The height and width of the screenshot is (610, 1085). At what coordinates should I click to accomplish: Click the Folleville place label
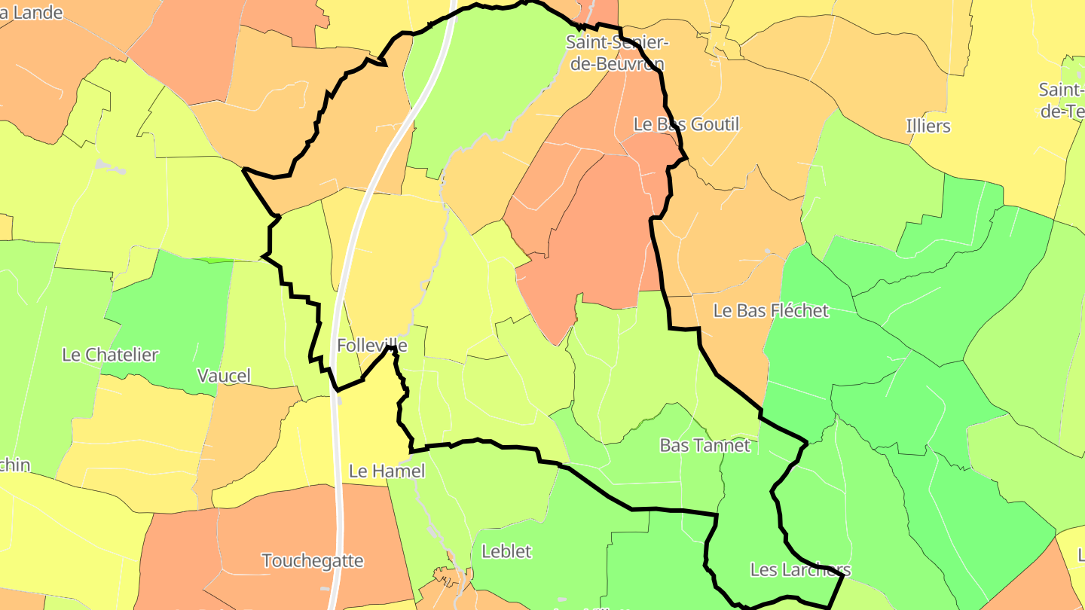pyautogui.click(x=372, y=346)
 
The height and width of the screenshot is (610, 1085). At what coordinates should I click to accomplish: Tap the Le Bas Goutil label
pyautogui.click(x=686, y=124)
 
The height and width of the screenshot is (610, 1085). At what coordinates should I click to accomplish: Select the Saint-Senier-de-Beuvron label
pyautogui.click(x=617, y=53)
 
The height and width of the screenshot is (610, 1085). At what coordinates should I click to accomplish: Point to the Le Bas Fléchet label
pyautogui.click(x=771, y=310)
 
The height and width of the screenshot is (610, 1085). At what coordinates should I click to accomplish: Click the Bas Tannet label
pyautogui.click(x=705, y=445)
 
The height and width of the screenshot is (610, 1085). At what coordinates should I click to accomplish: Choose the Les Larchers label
pyautogui.click(x=800, y=569)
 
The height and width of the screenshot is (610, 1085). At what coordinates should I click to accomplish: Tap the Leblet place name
pyautogui.click(x=506, y=551)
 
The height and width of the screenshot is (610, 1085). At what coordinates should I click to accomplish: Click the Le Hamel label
pyautogui.click(x=387, y=471)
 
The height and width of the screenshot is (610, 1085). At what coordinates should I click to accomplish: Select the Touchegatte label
pyautogui.click(x=313, y=561)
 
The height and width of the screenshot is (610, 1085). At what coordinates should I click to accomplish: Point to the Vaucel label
pyautogui.click(x=224, y=376)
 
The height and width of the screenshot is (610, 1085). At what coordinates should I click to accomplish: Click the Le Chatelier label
pyautogui.click(x=110, y=355)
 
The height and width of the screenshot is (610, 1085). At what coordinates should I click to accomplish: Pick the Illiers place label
pyautogui.click(x=928, y=126)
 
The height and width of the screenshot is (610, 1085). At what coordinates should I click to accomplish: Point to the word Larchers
pyautogui.click(x=815, y=569)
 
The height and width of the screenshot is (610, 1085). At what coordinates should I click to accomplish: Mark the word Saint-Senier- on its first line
pyautogui.click(x=617, y=42)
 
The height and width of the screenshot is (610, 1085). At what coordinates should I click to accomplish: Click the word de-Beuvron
pyautogui.click(x=617, y=64)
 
